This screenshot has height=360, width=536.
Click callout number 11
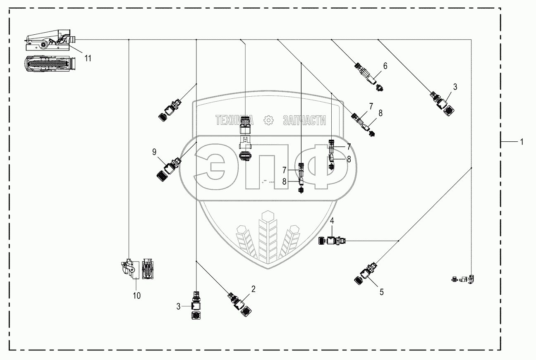click(88, 58)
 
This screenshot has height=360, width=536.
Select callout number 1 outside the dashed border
click(522, 142)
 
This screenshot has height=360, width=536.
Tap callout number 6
click(385, 66)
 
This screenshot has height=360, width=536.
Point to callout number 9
click(154, 152)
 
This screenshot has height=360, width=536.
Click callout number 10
click(136, 296)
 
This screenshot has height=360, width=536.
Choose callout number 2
click(253, 289)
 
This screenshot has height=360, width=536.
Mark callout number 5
click(381, 292)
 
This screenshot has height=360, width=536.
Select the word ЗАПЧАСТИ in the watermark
click(304, 120)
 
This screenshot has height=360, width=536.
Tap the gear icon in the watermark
click(269, 120)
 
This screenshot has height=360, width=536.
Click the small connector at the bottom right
click(465, 280)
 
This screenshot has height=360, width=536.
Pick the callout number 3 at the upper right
click(455, 87)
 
